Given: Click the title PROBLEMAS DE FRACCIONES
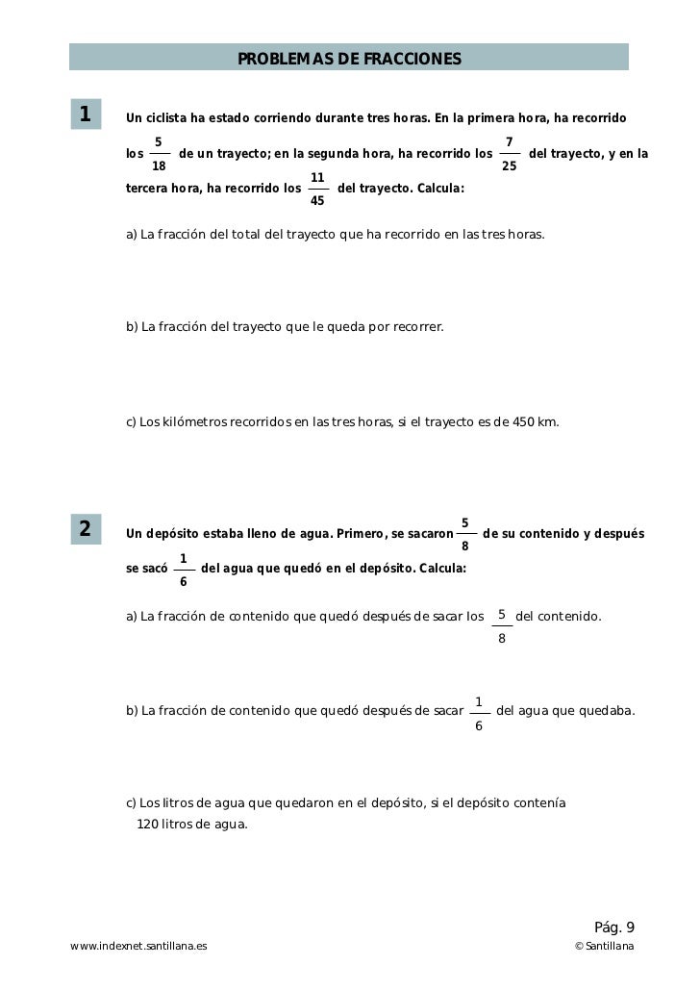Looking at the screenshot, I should [349, 60].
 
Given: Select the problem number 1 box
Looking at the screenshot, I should [86, 114].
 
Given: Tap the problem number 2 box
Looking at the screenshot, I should [86, 529].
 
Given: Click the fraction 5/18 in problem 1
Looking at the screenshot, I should [160, 153].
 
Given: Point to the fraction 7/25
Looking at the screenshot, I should [510, 153].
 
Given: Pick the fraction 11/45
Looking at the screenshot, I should [317, 190].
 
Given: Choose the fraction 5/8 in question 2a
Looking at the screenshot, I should [502, 626].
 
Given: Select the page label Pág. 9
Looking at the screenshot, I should [614, 927].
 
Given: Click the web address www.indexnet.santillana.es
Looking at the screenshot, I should [138, 948].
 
